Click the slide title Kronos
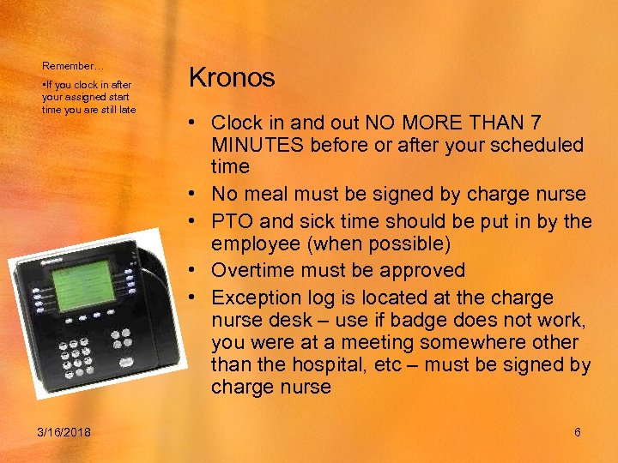[x=231, y=78]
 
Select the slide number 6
[x=578, y=432]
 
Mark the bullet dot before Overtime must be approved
[x=197, y=271]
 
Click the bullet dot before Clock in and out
[x=197, y=123]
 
